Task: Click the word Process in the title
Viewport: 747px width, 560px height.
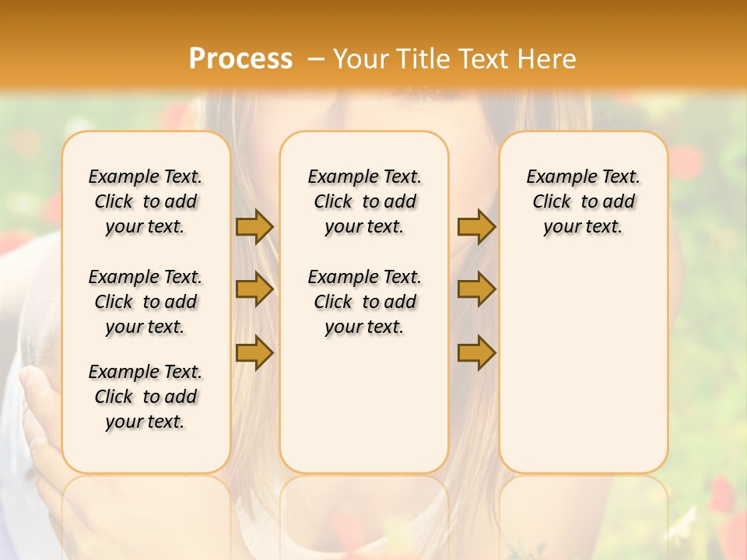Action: click(x=240, y=59)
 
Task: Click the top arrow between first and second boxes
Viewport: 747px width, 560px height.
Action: click(x=254, y=226)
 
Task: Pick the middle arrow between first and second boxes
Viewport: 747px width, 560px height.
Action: click(x=254, y=289)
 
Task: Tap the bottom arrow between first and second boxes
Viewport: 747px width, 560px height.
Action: click(x=254, y=352)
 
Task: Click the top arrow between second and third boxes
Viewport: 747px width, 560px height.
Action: click(x=476, y=226)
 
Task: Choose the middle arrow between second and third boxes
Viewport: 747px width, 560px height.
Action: click(x=476, y=289)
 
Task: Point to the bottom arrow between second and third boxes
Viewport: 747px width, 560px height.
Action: click(x=476, y=352)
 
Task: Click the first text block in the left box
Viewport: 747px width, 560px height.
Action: click(x=146, y=201)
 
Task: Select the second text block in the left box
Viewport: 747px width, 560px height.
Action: click(x=146, y=302)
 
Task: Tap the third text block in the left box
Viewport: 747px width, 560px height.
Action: click(x=146, y=397)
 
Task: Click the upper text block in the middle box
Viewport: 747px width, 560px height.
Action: click(x=365, y=201)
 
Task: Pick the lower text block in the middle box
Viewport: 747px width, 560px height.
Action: click(x=365, y=302)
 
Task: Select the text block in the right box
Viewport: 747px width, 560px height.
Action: click(x=584, y=201)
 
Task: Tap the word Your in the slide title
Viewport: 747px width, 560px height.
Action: click(x=362, y=59)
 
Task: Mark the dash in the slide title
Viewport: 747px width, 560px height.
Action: click(x=316, y=59)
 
